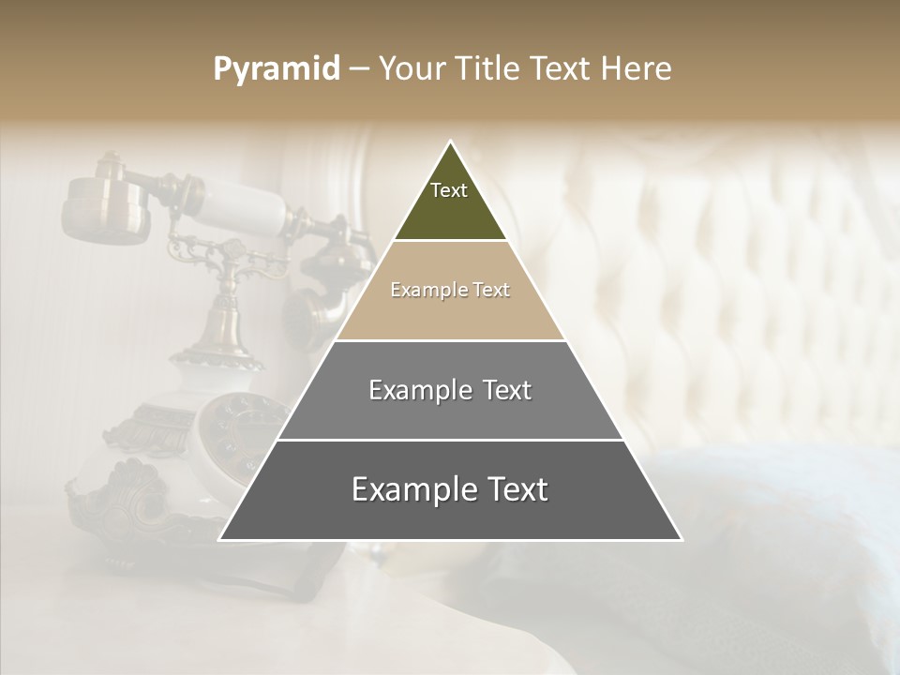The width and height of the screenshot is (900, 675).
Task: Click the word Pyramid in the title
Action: pyautogui.click(x=276, y=69)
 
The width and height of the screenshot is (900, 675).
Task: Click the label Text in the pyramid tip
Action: pyautogui.click(x=449, y=190)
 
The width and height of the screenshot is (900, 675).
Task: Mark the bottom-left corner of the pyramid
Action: pyautogui.click(x=221, y=539)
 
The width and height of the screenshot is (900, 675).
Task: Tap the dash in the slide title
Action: pyautogui.click(x=359, y=68)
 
